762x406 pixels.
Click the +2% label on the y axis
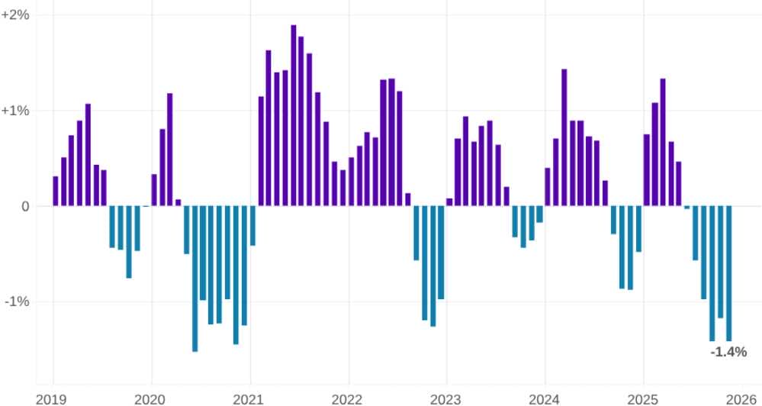[15, 14]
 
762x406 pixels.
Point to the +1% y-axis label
[15, 111]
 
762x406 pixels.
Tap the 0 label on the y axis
[25, 206]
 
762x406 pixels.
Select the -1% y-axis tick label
[17, 301]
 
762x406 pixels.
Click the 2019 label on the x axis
[51, 398]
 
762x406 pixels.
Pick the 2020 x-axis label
[150, 398]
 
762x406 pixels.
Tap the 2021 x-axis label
[249, 398]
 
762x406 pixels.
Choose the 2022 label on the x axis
[348, 398]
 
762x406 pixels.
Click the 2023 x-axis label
[446, 398]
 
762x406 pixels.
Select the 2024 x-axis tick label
[545, 398]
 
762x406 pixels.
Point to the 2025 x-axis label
[643, 398]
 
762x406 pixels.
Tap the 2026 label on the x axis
[741, 398]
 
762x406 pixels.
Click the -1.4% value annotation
[728, 353]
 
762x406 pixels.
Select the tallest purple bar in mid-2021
[294, 114]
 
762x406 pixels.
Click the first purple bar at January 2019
[56, 191]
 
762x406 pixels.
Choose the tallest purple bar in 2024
[564, 137]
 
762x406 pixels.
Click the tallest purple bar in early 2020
[170, 150]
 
